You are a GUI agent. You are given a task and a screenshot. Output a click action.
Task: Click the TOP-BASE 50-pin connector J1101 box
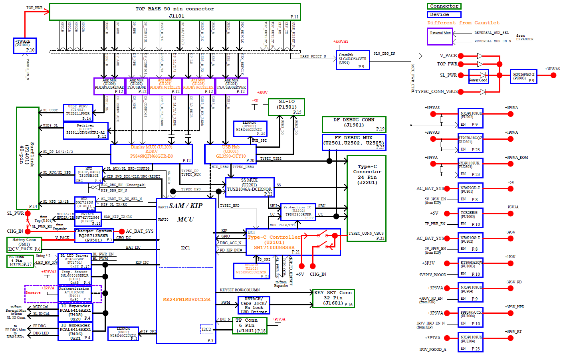175,12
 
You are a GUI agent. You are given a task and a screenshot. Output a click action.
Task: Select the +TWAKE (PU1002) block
25,45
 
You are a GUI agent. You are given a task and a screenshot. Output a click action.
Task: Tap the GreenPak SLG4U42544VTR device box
353,60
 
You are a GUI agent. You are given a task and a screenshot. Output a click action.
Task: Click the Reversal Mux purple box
440,36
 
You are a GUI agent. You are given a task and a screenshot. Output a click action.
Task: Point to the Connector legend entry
444,6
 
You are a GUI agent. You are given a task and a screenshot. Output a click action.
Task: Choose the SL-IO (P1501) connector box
286,107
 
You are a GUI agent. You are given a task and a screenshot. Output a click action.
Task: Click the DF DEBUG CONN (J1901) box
354,124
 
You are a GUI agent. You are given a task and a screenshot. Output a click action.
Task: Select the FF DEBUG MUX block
354,142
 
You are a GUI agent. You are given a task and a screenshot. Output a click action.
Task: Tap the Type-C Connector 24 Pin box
367,198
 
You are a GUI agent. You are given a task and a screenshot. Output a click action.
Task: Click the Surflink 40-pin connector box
28,158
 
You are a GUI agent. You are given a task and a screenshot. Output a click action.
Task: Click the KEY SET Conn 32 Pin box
333,298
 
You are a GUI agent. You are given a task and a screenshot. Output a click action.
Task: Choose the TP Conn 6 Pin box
250,326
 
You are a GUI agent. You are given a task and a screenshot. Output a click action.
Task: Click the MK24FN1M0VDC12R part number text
186,299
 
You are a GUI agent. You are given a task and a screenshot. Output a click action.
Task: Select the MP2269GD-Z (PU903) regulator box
523,76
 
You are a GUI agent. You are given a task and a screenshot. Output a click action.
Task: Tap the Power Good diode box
478,77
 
